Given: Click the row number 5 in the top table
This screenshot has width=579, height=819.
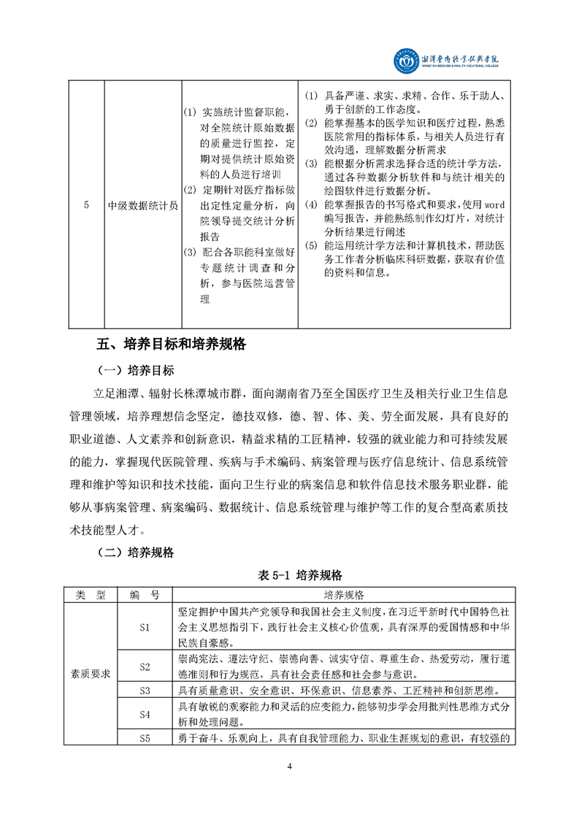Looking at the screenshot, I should [86, 205].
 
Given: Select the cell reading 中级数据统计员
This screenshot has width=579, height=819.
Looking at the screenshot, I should [142, 205].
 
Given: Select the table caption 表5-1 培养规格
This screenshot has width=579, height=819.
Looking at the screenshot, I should [290, 576].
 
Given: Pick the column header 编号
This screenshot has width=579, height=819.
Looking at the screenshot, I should [144, 595].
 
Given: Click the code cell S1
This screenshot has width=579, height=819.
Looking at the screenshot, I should [144, 627].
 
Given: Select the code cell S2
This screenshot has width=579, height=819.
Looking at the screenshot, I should [144, 666].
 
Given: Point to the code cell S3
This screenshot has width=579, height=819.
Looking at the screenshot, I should [144, 690].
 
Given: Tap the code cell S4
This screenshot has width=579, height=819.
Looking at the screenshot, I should [144, 714].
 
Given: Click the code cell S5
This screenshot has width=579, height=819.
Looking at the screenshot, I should [144, 739].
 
